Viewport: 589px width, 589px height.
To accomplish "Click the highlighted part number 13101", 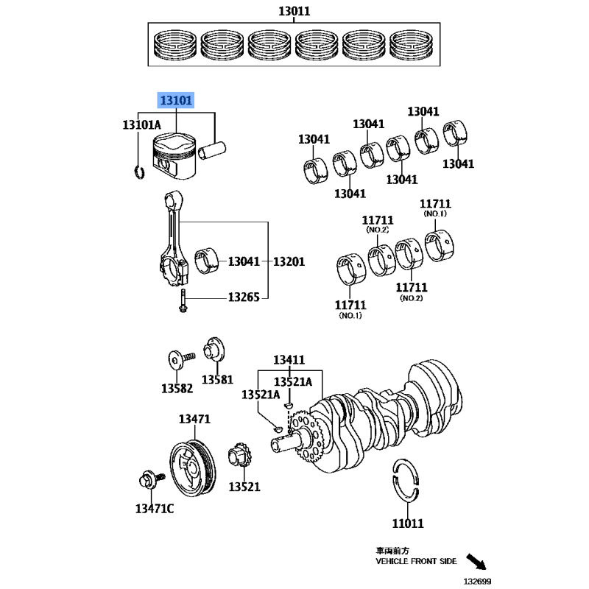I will (x=177, y=99).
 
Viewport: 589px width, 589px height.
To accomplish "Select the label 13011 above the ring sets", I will (x=294, y=11).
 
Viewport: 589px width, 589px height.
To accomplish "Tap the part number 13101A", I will (x=141, y=125).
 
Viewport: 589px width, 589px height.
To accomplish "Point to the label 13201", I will (x=289, y=261).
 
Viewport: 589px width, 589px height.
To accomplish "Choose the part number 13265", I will (x=242, y=297).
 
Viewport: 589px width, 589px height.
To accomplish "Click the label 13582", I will (x=177, y=388).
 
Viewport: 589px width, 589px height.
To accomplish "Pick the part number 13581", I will (x=217, y=379).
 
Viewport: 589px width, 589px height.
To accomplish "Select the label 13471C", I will (x=154, y=508).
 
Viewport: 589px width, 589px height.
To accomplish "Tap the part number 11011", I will (x=407, y=523).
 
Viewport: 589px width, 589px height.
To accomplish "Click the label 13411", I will (x=289, y=360).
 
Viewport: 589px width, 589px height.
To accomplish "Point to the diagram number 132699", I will (x=478, y=581).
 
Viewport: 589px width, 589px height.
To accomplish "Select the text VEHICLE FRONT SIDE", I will (x=416, y=561).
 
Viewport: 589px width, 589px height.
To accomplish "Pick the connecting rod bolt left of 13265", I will (x=182, y=300).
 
